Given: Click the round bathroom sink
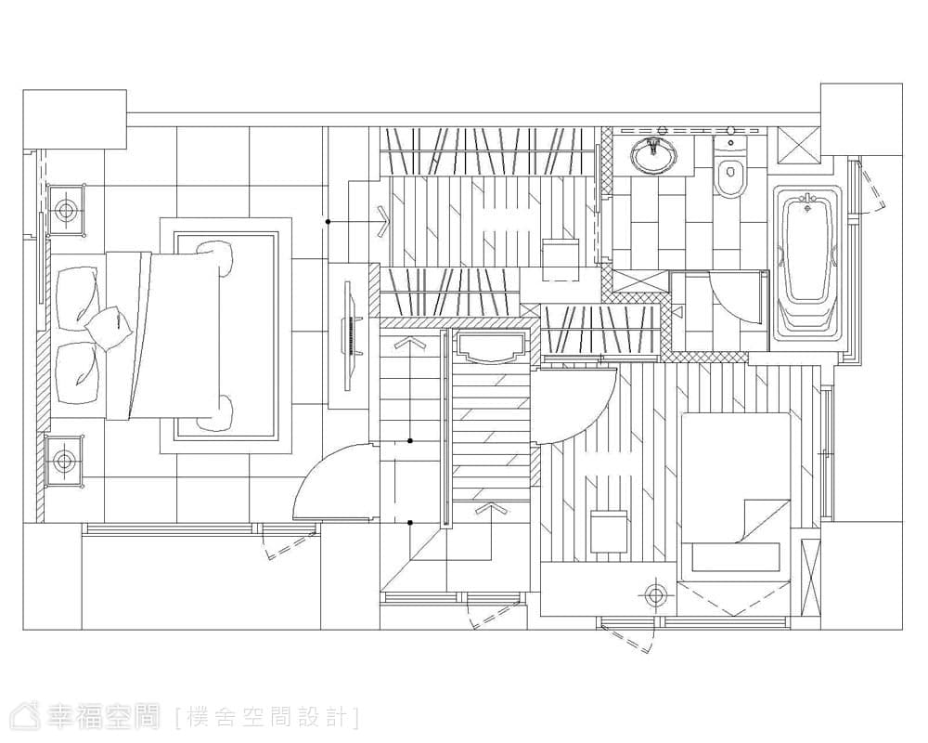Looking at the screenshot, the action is [654, 156].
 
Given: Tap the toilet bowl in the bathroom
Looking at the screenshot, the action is [730, 177].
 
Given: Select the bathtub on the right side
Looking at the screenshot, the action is [806, 263].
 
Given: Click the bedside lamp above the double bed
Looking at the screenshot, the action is [65, 210].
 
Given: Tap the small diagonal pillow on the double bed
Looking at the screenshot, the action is [108, 328].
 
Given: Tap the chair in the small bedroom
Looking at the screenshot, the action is [609, 531].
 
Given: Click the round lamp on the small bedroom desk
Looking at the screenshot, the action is [655, 595].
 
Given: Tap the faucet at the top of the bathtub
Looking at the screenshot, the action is [806, 200].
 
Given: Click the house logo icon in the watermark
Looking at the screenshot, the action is [32, 718].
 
